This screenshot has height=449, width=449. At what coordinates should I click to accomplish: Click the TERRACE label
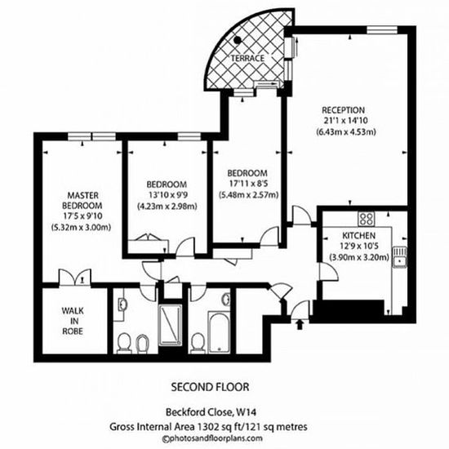pos(247,58)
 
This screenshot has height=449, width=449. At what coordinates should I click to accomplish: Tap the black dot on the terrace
pos(238,40)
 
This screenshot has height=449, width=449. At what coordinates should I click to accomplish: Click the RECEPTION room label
pos(344,110)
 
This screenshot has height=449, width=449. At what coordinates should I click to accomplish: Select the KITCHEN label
pos(359,236)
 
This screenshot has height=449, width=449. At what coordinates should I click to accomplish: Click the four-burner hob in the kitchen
pos(367,219)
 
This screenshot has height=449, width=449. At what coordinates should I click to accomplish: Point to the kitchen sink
pos(400,257)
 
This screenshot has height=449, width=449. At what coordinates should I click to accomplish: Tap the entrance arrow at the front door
pos(300,325)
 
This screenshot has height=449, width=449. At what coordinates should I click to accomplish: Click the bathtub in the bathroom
pos(219,332)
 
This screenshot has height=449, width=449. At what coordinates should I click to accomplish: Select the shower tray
pos(171,325)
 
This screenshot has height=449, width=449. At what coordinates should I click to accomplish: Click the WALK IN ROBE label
pos(73,321)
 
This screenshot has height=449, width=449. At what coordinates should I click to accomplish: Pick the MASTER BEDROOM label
pos(82,201)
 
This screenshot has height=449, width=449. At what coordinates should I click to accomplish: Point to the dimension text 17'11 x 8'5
pos(248,184)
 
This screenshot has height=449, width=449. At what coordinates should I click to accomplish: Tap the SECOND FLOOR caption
pos(210,387)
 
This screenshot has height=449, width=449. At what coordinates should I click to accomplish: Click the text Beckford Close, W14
pos(211,412)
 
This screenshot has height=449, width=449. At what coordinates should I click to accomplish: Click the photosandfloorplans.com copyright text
pos(212,438)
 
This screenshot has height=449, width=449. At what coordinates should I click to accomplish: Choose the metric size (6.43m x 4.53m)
pos(346,132)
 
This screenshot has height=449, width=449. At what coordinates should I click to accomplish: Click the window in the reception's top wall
pos(382,30)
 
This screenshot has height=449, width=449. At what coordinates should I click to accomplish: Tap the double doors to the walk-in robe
pos(75,278)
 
